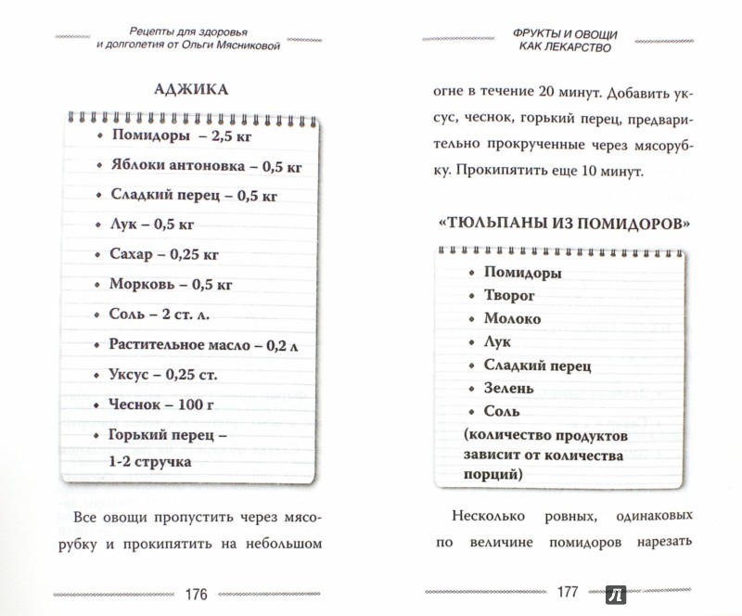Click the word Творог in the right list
click(x=513, y=296)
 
